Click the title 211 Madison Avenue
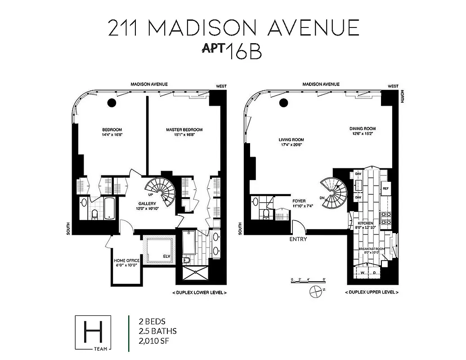point(233,28)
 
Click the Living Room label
point(291,142)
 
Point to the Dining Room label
point(362,131)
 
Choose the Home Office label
point(126,263)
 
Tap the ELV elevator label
point(166,258)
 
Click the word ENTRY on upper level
point(298,239)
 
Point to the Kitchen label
point(365,225)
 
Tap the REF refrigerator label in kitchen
point(385,189)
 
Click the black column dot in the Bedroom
point(112,103)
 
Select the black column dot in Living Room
point(284,103)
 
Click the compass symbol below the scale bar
point(317,291)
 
